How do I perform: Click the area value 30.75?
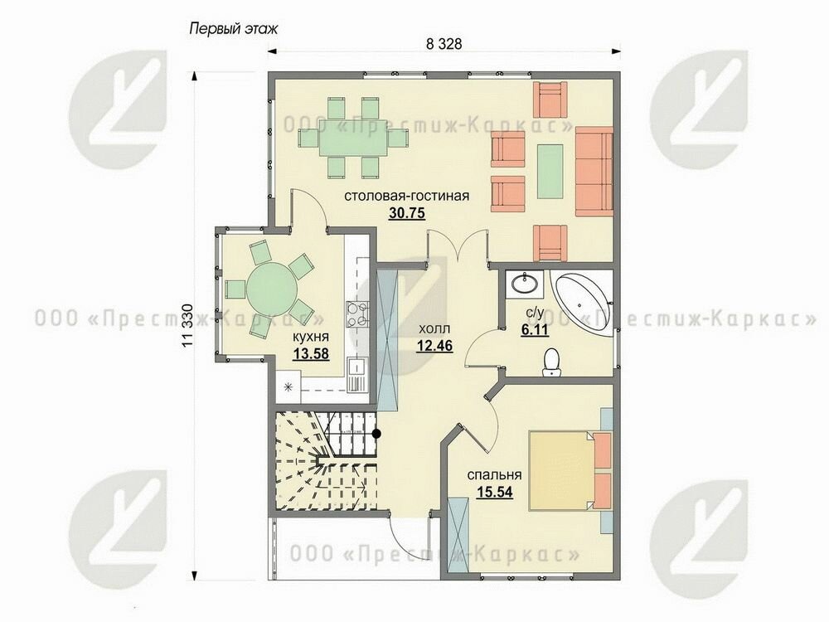point(407,213)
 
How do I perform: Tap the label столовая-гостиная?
point(406,196)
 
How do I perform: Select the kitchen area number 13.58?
point(312,352)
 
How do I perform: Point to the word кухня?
point(311,337)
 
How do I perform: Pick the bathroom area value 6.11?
point(534,330)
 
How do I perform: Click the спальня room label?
point(494,475)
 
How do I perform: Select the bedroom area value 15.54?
point(495,493)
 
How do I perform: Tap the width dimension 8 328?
point(444,44)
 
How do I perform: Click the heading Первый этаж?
point(233,28)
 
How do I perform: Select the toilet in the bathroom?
point(552,362)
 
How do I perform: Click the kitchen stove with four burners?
point(356,313)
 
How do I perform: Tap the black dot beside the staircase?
point(376,434)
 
